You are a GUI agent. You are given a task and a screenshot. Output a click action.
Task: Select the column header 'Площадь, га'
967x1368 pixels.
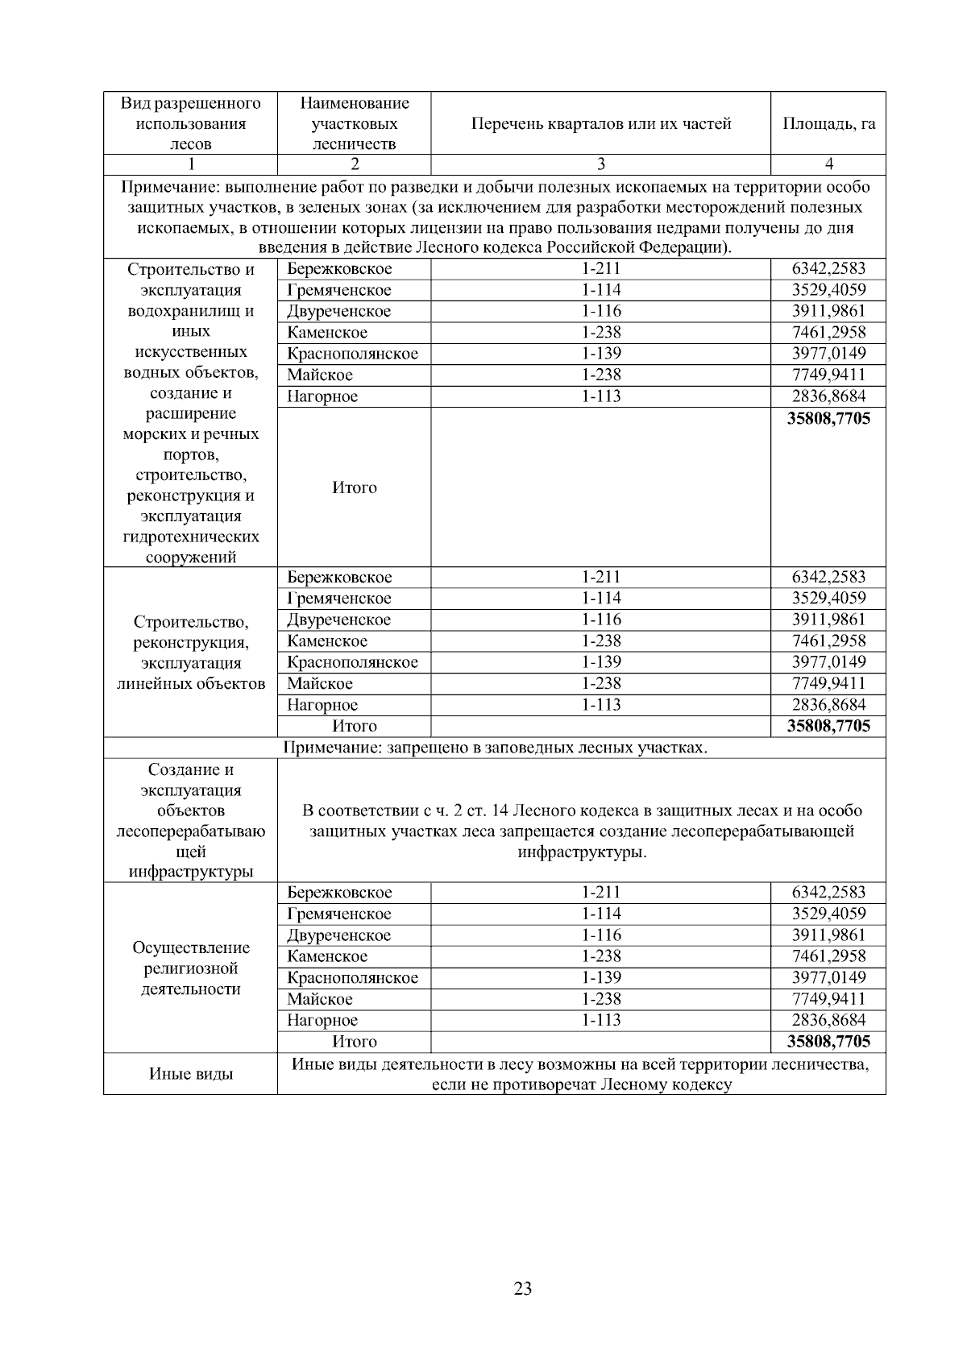click(x=828, y=124)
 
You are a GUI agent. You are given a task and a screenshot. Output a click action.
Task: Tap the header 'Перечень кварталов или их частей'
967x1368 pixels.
click(x=600, y=124)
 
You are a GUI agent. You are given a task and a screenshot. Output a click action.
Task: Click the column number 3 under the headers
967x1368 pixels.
click(x=600, y=164)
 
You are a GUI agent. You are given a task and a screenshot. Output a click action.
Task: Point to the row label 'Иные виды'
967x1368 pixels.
click(x=191, y=1074)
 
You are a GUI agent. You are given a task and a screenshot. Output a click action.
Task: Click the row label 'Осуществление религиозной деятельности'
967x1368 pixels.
click(x=191, y=968)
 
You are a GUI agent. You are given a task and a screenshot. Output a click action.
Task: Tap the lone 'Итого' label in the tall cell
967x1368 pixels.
click(x=354, y=487)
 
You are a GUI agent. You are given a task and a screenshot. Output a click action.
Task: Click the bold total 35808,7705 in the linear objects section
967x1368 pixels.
click(x=828, y=726)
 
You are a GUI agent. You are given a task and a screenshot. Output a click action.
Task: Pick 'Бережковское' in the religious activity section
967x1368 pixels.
click(x=339, y=893)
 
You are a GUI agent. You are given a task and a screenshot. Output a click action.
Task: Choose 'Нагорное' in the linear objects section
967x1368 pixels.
click(x=322, y=705)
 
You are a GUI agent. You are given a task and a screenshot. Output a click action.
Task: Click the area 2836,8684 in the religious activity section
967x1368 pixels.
click(x=828, y=1020)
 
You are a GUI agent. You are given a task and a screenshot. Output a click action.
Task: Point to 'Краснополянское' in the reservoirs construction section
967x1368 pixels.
click(x=352, y=354)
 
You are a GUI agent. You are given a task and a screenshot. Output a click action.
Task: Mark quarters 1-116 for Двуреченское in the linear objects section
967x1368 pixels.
click(x=600, y=620)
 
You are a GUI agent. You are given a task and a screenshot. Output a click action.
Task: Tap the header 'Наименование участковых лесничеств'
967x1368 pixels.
click(x=354, y=124)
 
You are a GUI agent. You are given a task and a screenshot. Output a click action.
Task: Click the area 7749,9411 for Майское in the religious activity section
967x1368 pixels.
click(x=828, y=999)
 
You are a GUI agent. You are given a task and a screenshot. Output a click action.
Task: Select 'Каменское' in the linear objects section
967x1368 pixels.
click(x=327, y=641)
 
